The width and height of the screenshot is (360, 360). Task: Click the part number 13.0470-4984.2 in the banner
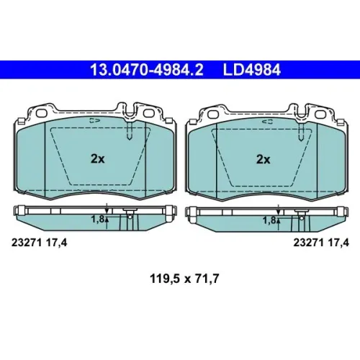[146, 70]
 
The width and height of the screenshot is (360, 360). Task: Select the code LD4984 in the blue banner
[252, 70]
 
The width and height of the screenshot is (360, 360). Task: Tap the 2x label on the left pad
[97, 158]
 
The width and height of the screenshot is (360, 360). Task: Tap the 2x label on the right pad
[264, 159]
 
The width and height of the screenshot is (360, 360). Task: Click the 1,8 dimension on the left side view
[97, 219]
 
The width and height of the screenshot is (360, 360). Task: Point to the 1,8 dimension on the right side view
[269, 220]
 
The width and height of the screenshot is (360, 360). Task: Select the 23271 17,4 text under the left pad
[40, 243]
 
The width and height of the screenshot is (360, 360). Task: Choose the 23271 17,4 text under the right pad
[321, 243]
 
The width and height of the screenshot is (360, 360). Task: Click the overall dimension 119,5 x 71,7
[184, 279]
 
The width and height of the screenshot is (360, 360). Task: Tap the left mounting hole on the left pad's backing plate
[42, 114]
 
